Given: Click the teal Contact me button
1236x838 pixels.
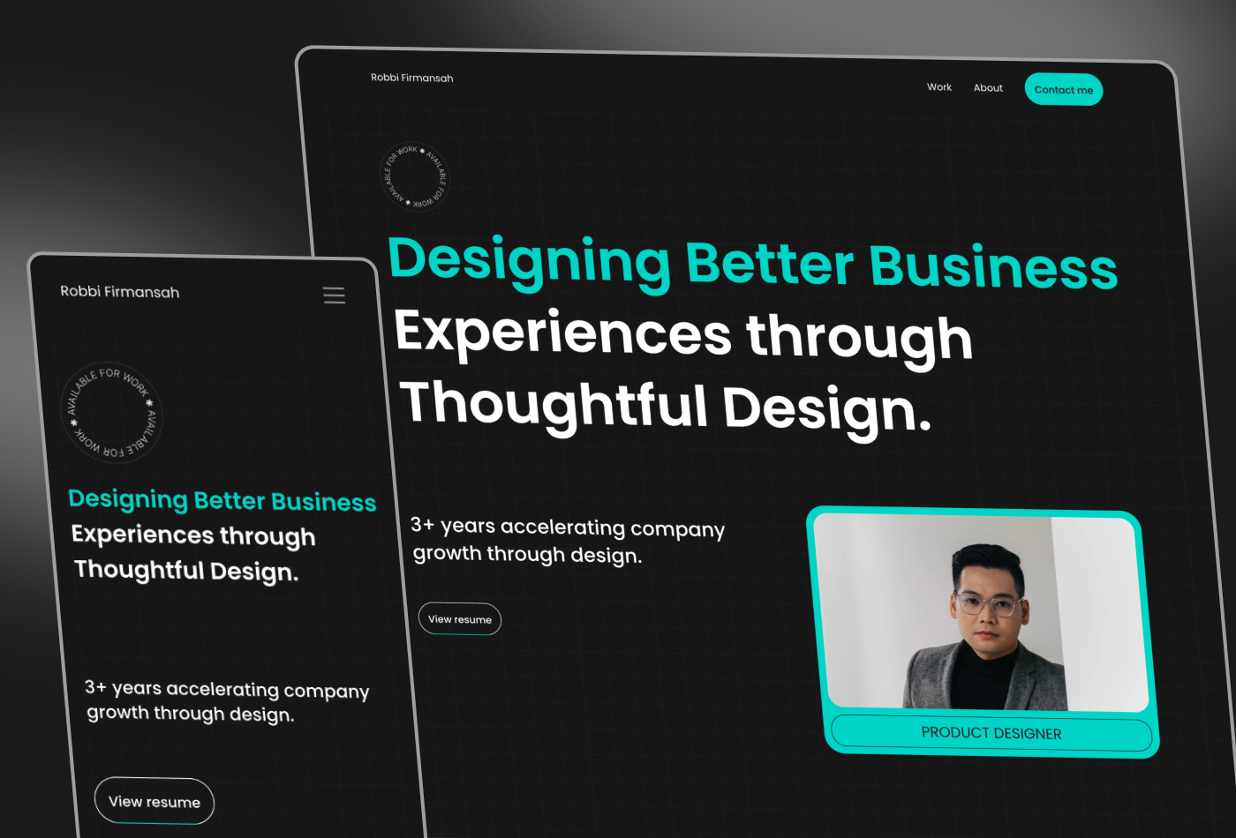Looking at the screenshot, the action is [1063, 89].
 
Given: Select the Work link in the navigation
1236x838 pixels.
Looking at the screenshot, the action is [939, 87].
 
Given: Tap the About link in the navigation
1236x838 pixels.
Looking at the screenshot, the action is [988, 87].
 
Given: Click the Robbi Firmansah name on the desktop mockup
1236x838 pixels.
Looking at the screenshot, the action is [411, 78].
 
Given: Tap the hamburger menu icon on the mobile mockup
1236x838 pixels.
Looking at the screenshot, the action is [334, 296].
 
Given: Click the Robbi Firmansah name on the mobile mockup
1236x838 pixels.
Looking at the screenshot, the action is [120, 292].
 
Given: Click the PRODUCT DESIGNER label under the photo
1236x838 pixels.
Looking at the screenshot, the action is [991, 733].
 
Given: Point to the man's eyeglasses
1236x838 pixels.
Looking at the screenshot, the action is [989, 604].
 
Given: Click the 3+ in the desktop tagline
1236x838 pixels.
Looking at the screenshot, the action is [423, 524].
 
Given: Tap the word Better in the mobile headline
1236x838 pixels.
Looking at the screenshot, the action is [230, 501].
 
